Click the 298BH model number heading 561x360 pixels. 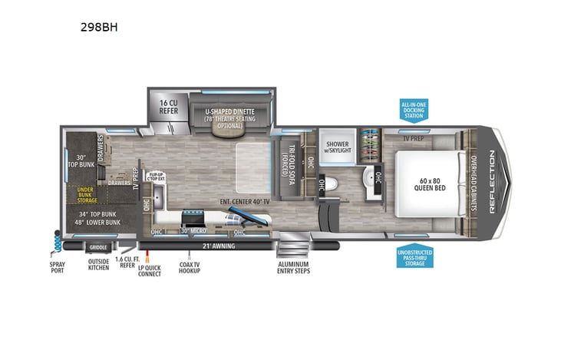click(101, 26)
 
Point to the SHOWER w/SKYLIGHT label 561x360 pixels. click(338, 146)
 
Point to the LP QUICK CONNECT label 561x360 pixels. click(150, 271)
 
